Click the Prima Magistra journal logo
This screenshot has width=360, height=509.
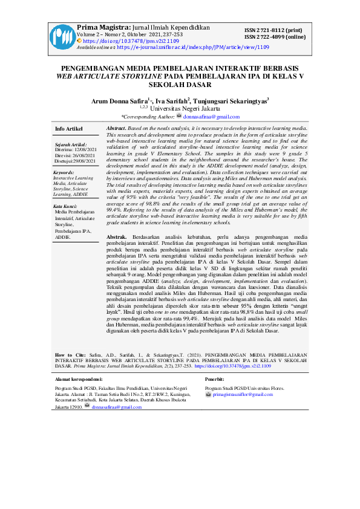coord(60,37)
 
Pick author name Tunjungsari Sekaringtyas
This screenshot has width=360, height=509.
coord(231,101)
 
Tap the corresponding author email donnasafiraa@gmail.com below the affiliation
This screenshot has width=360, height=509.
coord(208,116)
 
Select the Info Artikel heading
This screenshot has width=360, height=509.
coord(69,129)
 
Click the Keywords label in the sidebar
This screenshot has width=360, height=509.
coord(64,172)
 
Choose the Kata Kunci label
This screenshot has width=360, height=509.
coord(65,206)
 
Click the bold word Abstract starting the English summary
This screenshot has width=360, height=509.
coord(116,129)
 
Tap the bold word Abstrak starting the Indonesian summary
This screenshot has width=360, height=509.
coord(117,235)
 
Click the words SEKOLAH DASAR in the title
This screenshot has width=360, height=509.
coord(180,85)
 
